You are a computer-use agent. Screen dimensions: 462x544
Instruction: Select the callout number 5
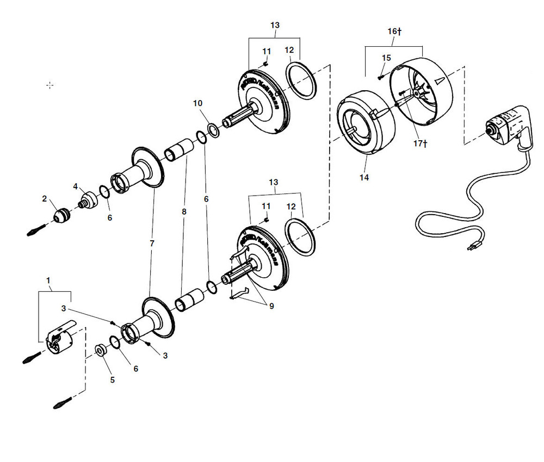point(113,380)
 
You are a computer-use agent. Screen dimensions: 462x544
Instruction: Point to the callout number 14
point(364,178)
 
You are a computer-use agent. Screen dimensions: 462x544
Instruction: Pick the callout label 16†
point(394,32)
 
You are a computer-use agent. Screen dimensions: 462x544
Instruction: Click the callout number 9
point(271,306)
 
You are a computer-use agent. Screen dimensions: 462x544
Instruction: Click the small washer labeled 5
point(101,350)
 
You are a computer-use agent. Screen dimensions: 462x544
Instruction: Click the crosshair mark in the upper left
point(50,85)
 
